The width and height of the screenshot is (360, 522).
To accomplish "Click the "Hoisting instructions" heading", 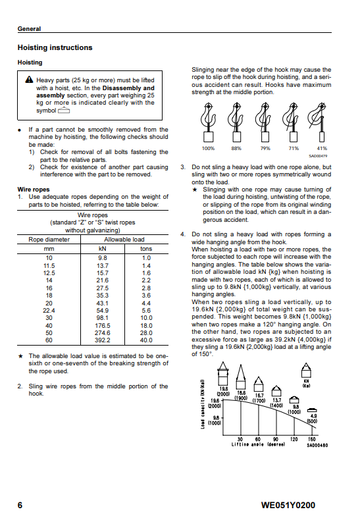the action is tap(55, 47).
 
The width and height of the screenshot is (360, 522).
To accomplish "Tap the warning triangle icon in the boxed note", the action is tap(29, 80).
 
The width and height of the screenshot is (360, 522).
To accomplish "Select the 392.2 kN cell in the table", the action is tap(103, 340).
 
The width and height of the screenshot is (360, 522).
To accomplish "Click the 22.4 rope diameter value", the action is tap(49, 311).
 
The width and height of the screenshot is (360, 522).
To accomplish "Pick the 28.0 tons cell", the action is tap(146, 333).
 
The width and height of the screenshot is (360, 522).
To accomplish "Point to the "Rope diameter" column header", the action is tap(49, 240).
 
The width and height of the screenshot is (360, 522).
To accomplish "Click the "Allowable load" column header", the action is tap(124, 240).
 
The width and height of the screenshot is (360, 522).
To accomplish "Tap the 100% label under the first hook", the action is tap(208, 149).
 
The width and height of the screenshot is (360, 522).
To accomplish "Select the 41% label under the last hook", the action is tap(322, 149).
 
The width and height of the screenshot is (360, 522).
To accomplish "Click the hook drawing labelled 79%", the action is tap(265, 122).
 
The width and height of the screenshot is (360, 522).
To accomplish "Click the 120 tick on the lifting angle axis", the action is tap(294, 439).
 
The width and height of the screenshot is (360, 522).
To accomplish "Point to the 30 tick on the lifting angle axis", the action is tap(240, 439).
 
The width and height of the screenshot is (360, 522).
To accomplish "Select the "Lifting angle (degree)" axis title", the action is tap(258, 445).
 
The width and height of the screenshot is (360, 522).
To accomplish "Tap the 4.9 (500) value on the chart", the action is tap(313, 419).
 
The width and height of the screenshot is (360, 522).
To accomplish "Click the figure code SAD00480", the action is tap(317, 445).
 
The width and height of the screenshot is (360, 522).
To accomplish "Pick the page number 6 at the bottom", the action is tap(20, 506).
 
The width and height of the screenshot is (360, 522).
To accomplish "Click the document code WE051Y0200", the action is tap(288, 506).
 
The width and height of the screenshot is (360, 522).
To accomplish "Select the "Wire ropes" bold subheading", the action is tap(34, 190).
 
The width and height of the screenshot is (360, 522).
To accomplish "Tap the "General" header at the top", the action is tap(29, 29).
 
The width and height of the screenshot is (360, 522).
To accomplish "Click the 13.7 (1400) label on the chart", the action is tap(276, 403).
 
